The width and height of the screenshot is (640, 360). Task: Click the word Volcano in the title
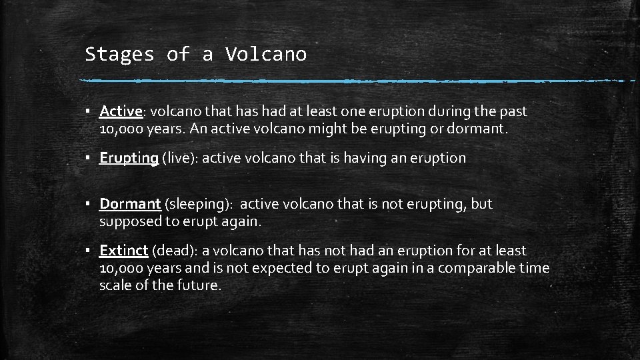pos(266,54)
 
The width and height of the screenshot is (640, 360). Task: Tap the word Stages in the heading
pos(119,55)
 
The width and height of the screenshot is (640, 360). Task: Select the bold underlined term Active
pos(121,111)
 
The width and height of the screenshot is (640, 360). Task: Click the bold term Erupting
pos(129,157)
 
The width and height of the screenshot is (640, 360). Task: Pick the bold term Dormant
pos(130,204)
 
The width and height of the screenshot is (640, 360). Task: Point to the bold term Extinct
pos(123,251)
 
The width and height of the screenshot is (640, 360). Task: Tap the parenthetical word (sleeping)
pos(198,205)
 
